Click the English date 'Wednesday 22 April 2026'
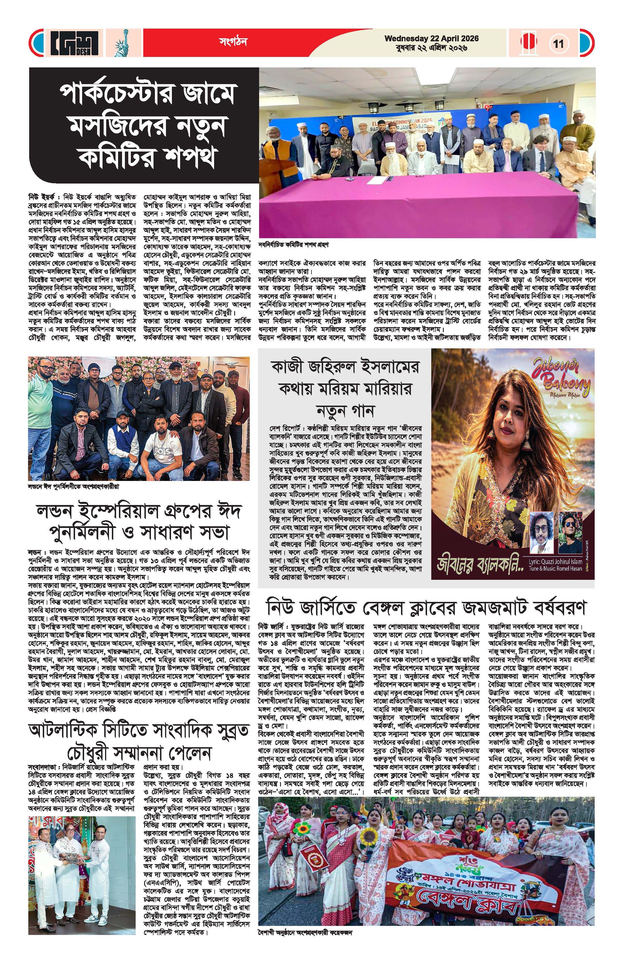coord(431,39)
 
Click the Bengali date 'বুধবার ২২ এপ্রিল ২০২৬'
coord(431,48)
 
